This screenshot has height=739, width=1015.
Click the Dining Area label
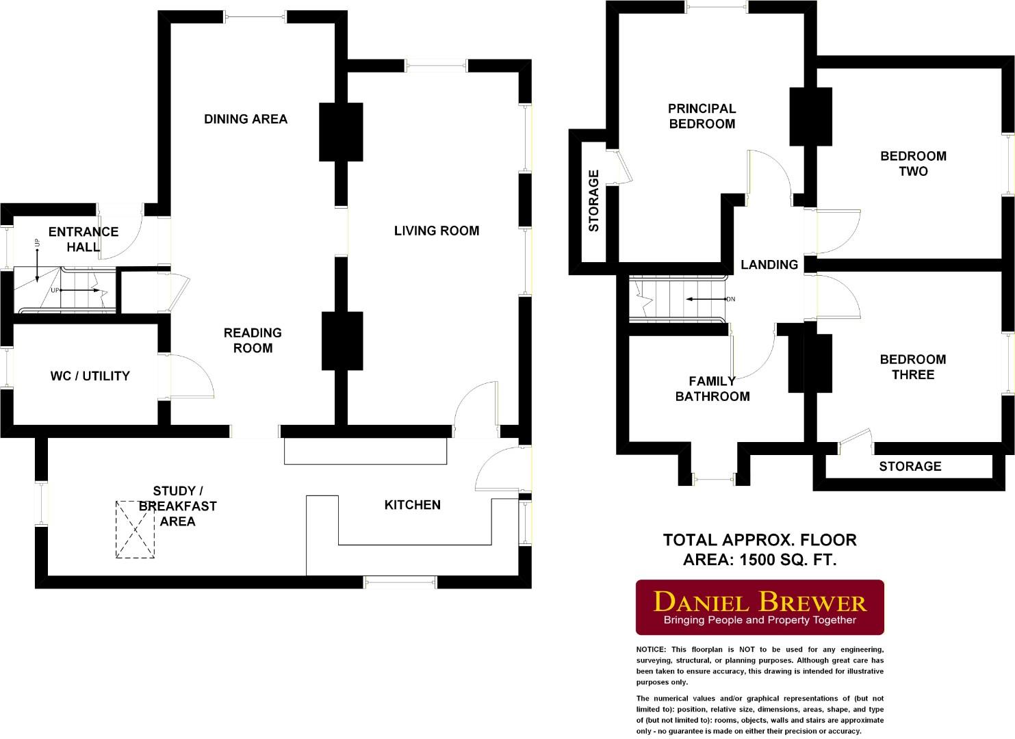tap(246, 119)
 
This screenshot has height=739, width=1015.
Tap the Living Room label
tap(436, 231)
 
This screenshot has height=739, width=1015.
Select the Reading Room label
tap(253, 340)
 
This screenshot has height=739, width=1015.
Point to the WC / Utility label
tap(90, 376)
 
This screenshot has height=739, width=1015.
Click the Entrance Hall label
tap(83, 239)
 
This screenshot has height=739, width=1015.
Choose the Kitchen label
tap(412, 505)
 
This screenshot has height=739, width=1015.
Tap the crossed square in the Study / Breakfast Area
tap(135, 530)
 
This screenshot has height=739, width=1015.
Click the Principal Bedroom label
tap(702, 116)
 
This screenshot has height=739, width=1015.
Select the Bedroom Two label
tap(913, 164)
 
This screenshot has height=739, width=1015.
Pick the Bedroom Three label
tap(912, 367)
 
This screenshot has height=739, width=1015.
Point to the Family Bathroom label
tap(712, 389)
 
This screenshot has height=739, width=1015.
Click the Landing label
tap(769, 265)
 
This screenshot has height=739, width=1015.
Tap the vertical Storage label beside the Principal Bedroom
tap(593, 200)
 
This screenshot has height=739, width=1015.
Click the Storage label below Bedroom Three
tap(910, 466)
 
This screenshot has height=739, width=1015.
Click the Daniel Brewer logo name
tap(760, 601)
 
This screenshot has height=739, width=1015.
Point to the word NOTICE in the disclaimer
tap(650, 649)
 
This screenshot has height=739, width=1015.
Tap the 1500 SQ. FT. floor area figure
tap(784, 560)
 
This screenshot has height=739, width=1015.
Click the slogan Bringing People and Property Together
tap(760, 620)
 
